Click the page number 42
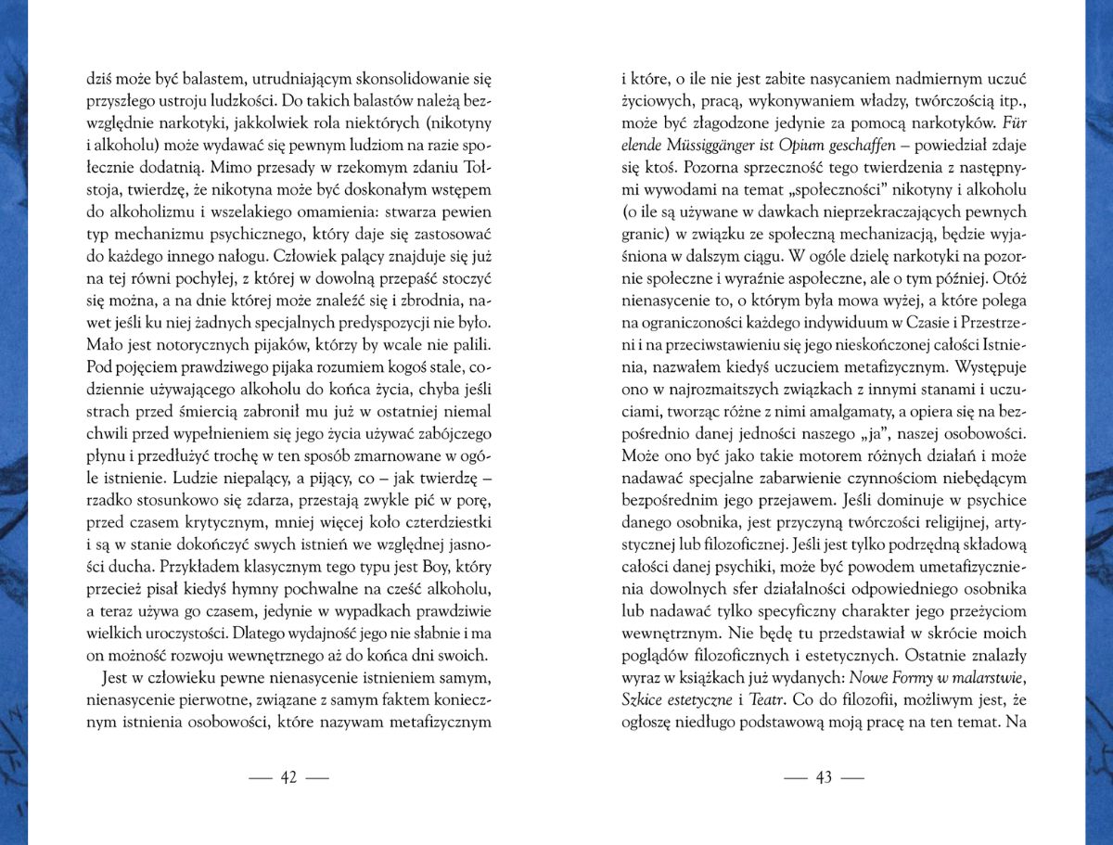coord(288,777)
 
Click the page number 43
coord(824,777)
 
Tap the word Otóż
coord(1008,280)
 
